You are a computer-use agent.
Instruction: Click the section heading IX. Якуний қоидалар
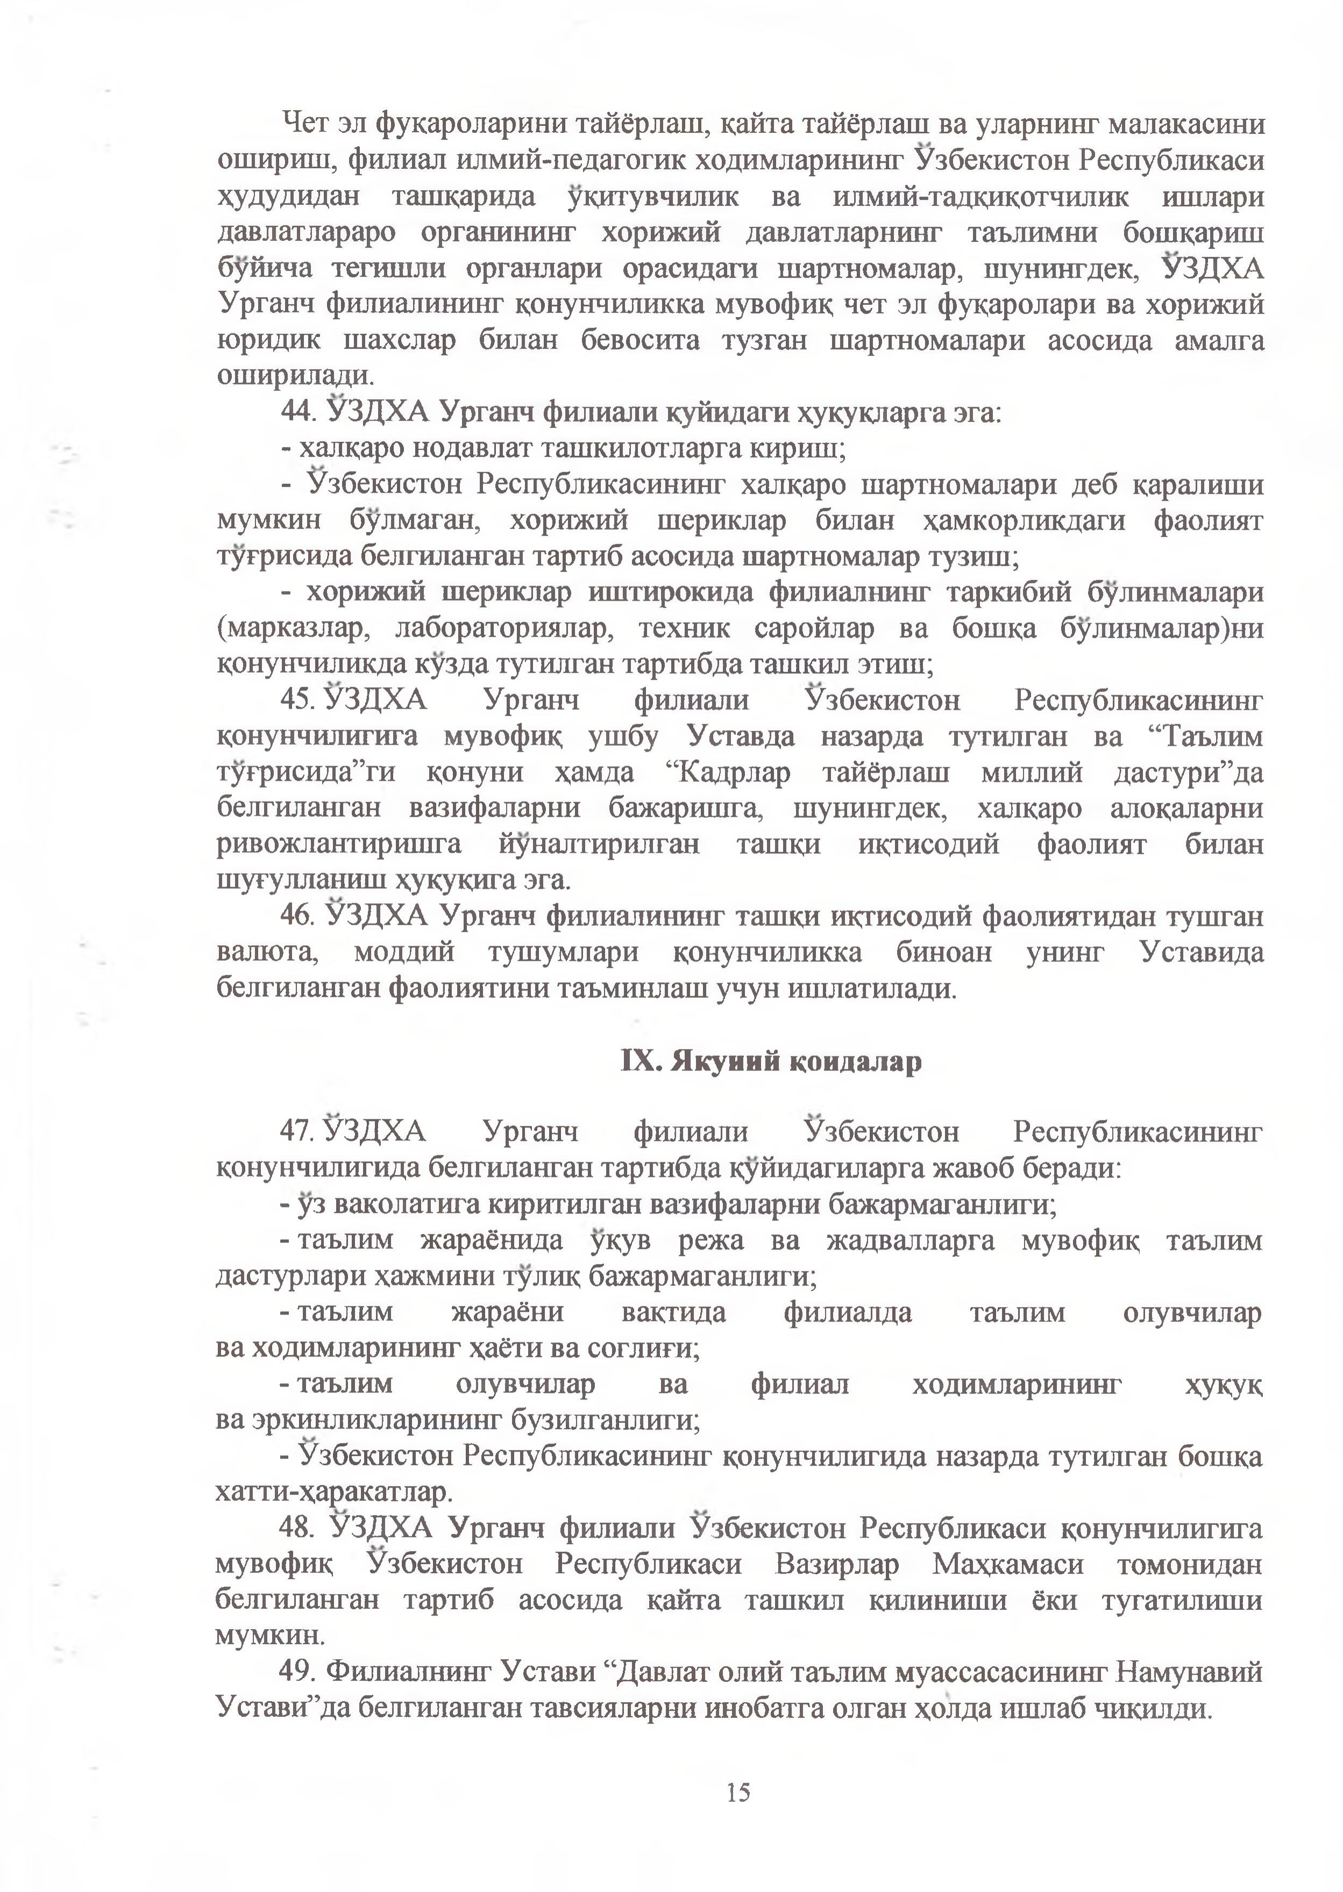tap(771, 1060)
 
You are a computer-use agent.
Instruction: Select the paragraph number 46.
tap(296, 917)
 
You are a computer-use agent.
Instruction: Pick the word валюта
tap(267, 952)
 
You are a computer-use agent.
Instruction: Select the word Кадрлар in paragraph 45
tap(733, 773)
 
